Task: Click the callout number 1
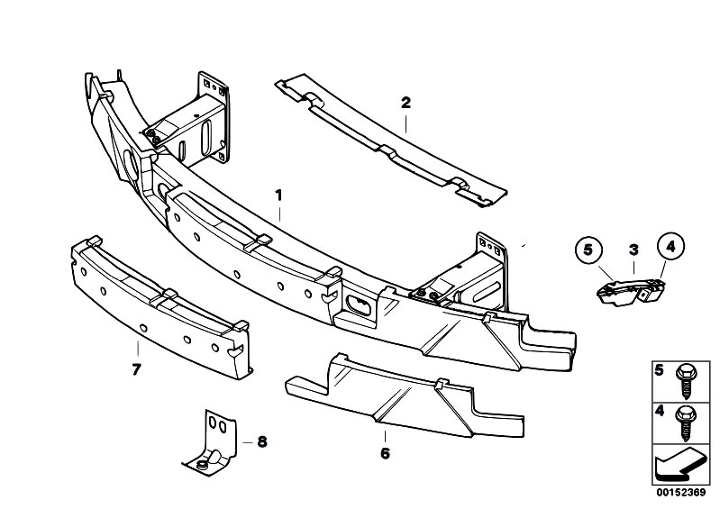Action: [x=279, y=195]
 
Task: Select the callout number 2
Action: [x=406, y=104]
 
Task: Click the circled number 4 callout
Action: [x=670, y=244]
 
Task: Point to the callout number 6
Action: [x=385, y=453]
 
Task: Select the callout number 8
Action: [x=262, y=441]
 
